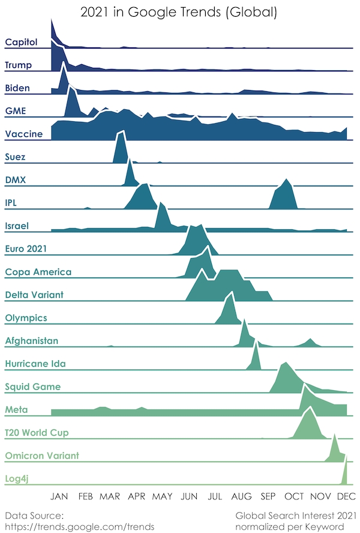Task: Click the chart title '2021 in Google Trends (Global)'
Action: pyautogui.click(x=179, y=13)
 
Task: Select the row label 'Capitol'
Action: pyautogui.click(x=21, y=42)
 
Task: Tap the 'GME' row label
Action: pyautogui.click(x=15, y=111)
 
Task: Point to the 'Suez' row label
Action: pyautogui.click(x=15, y=157)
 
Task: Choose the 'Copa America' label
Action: pyautogui.click(x=38, y=272)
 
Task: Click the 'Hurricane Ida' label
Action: pyautogui.click(x=35, y=364)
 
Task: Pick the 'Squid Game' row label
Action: pyautogui.click(x=32, y=387)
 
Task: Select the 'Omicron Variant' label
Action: pyautogui.click(x=41, y=456)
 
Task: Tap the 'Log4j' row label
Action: pyautogui.click(x=19, y=478)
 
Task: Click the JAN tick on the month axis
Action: pyautogui.click(x=59, y=496)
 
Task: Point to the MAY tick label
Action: pyautogui.click(x=163, y=496)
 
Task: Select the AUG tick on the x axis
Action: pyautogui.click(x=241, y=496)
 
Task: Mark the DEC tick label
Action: pyautogui.click(x=345, y=496)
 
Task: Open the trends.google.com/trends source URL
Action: pyautogui.click(x=79, y=526)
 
